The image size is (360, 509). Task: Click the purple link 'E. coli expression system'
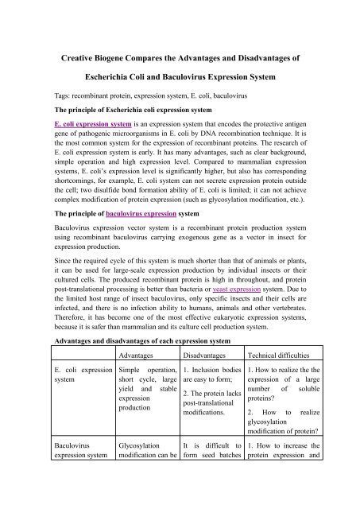(92, 126)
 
